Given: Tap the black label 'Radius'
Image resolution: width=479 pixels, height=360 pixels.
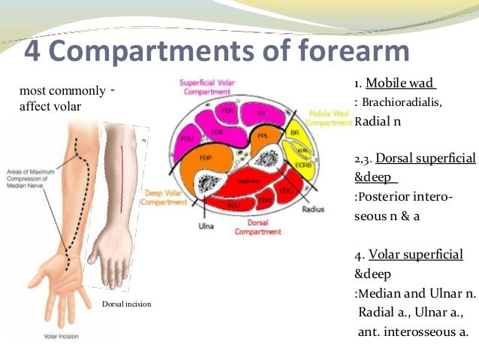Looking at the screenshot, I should pos(312,210).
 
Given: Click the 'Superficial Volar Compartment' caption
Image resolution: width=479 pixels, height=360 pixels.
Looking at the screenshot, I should pos(208,86).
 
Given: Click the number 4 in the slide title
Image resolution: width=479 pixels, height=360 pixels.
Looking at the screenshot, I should pos(33,51).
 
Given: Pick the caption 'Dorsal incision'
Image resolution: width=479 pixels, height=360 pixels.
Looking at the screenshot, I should pos(127,304).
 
